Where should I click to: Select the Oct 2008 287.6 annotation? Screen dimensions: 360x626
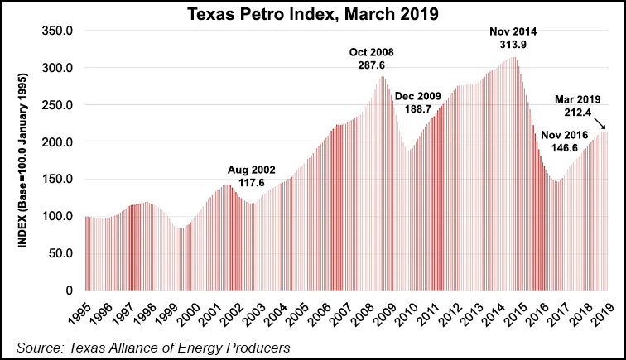pos(373,60)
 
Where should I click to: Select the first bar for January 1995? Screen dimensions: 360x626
pos(85,253)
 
